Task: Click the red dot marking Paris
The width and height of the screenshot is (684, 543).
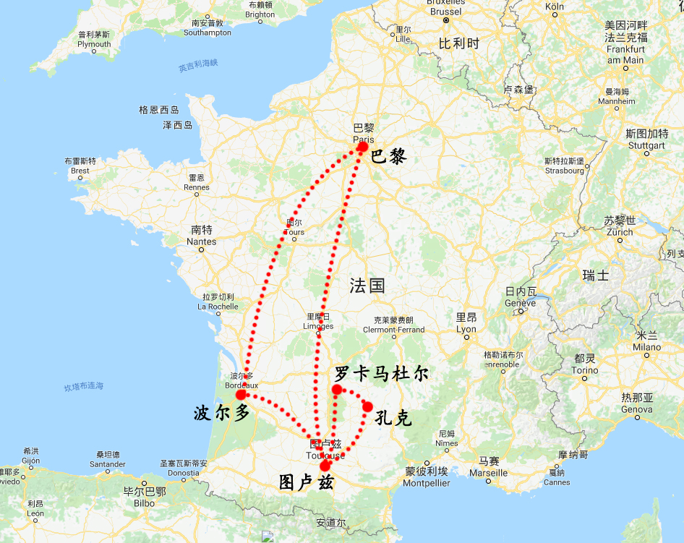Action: tap(363, 146)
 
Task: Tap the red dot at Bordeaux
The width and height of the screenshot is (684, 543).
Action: tap(241, 395)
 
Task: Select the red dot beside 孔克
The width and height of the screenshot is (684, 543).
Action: tap(367, 406)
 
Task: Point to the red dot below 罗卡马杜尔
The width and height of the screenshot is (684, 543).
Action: tap(337, 390)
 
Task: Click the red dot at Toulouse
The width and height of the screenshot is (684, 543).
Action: tap(325, 466)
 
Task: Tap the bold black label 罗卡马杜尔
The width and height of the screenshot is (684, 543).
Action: tap(381, 374)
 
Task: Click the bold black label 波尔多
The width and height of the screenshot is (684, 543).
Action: tap(221, 413)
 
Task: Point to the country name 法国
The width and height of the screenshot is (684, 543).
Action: tap(367, 285)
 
